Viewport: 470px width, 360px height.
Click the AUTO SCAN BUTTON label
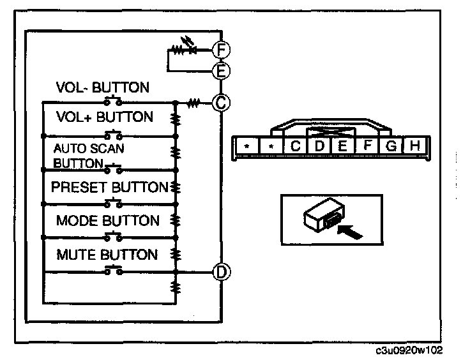(89, 155)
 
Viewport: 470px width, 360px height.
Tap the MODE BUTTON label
(108, 221)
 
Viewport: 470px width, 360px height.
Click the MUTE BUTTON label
(107, 255)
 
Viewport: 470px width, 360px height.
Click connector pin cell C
(296, 146)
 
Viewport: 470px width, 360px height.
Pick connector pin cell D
(320, 146)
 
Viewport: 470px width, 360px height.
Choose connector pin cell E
(343, 146)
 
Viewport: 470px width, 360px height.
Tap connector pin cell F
(367, 146)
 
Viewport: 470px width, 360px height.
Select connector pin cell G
(391, 146)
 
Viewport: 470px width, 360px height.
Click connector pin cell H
(414, 146)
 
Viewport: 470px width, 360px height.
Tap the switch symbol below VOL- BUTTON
(115, 100)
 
